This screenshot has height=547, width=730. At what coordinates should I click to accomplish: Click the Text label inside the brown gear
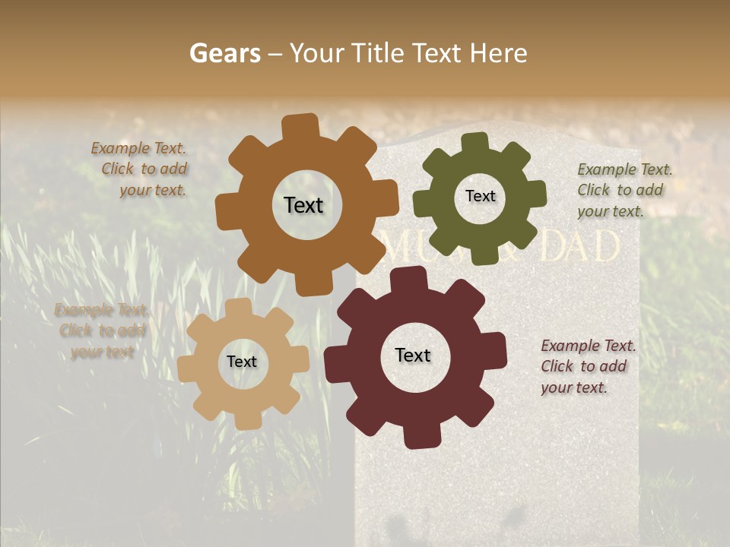pyautogui.click(x=303, y=205)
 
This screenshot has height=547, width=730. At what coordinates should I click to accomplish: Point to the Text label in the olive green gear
pyautogui.click(x=480, y=196)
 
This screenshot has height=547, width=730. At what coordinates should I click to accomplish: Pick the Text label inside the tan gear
pyautogui.click(x=242, y=362)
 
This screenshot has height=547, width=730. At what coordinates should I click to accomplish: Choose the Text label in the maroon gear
pyautogui.click(x=413, y=355)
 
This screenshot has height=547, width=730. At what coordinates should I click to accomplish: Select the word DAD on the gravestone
pyautogui.click(x=579, y=247)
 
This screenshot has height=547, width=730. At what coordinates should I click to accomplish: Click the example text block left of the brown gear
pyautogui.click(x=141, y=169)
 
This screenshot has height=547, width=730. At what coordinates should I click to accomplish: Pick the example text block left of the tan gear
pyautogui.click(x=101, y=330)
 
